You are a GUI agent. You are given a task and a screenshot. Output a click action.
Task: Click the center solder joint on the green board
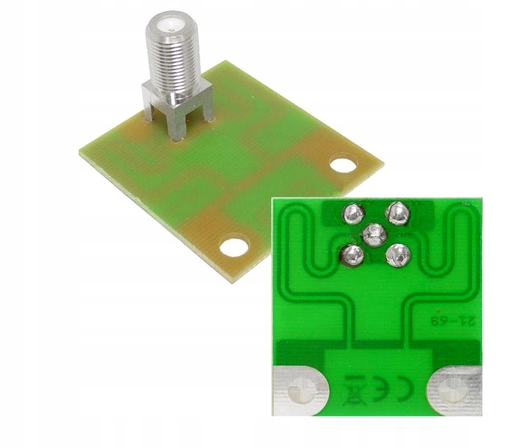click(374, 235)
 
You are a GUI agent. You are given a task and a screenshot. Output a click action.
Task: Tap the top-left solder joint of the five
click(353, 214)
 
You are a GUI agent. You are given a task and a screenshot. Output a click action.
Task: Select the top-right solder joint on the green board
click(398, 213)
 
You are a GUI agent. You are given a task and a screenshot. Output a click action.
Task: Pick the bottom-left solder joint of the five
click(352, 256)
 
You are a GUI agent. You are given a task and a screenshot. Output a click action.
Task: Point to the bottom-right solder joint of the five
click(398, 255)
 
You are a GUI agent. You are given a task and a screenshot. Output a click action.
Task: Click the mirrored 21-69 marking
click(453, 321)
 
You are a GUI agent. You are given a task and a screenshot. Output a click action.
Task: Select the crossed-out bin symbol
click(355, 391)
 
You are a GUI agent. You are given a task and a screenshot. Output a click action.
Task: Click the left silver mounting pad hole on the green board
click(301, 391)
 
